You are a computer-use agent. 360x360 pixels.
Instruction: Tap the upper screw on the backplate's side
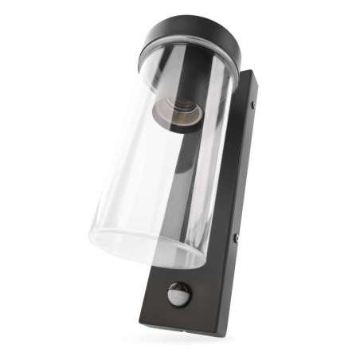pyautogui.click(x=254, y=103)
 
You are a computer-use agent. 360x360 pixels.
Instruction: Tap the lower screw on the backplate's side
pyautogui.click(x=236, y=237)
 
